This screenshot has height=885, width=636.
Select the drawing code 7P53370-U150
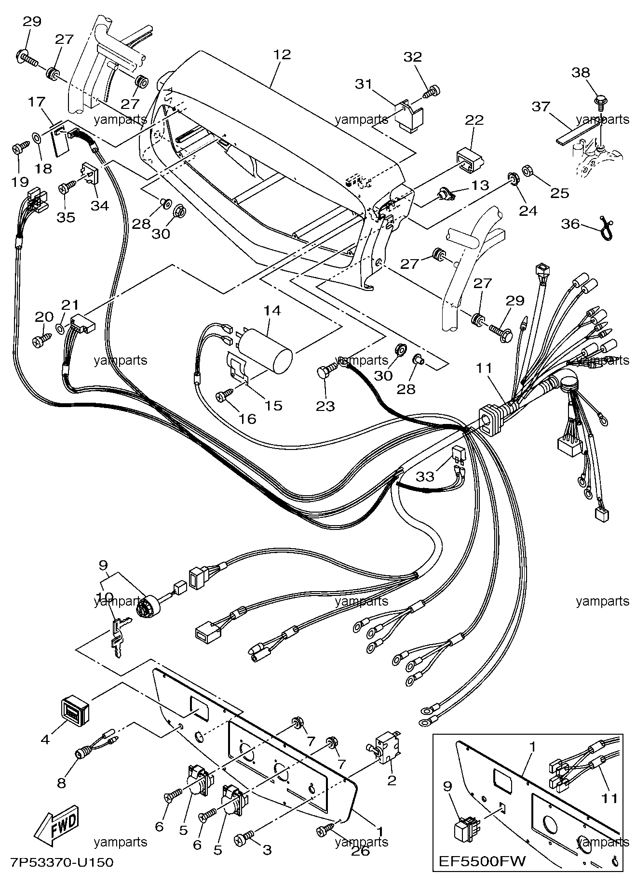point(61,862)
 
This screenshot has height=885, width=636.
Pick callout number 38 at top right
point(581,73)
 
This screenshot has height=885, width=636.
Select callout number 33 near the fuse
point(425,476)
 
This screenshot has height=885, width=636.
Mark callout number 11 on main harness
point(484,369)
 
